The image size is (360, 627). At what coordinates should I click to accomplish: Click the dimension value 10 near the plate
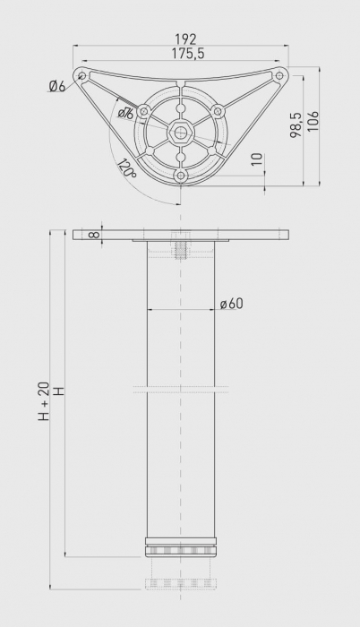[x=258, y=159]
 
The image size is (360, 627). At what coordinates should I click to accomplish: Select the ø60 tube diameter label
[x=231, y=304]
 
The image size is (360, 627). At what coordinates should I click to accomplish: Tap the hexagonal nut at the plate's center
[x=181, y=133]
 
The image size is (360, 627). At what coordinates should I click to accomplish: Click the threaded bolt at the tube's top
[x=181, y=246]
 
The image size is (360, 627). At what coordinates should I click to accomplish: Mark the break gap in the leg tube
[x=181, y=389]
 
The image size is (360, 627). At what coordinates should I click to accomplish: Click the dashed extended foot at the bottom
[x=181, y=582]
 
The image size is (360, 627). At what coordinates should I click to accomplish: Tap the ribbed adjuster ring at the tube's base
[x=181, y=550]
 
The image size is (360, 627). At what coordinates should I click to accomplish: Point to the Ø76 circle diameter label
[x=125, y=113]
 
